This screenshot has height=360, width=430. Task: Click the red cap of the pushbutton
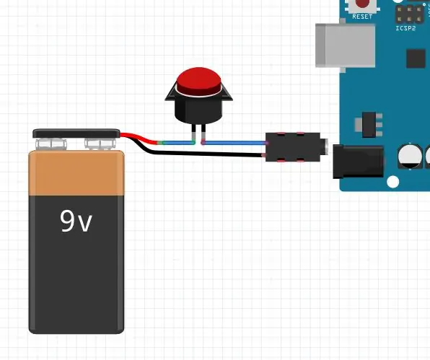[199, 82]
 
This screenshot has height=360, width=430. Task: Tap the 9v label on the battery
[76, 221]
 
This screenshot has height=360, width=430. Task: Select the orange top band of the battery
[76, 172]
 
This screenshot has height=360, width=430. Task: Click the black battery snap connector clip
[76, 133]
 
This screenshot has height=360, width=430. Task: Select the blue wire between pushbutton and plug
[234, 143]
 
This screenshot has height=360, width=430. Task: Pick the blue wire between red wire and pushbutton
[176, 143]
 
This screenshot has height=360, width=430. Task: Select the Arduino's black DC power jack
[358, 162]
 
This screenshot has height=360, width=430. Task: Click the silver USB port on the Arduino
[346, 45]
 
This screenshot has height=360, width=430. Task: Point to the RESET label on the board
[362, 17]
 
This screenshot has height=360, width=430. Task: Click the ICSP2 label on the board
[406, 28]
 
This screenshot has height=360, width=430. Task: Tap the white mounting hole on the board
[392, 182]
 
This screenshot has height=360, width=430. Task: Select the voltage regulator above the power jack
[369, 125]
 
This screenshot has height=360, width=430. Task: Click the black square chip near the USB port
[416, 58]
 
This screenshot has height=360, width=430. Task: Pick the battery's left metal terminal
[51, 144]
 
